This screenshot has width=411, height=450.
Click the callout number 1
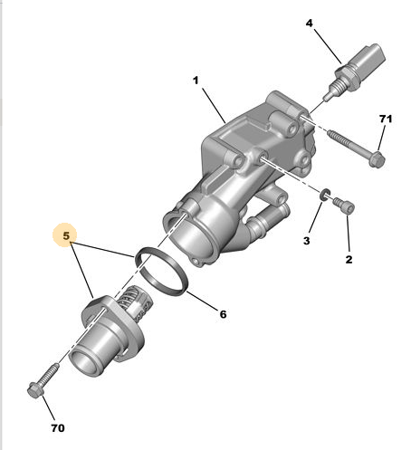coord(196,81)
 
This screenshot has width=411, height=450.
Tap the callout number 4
coord(310,24)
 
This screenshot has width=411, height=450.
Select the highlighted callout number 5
coord(66,235)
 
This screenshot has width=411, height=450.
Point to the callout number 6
coord(223,314)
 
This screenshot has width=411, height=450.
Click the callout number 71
coord(386,119)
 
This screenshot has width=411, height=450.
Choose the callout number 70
coord(58,428)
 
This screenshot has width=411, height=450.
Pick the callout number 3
coord(307,241)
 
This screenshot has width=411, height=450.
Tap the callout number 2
coord(349,259)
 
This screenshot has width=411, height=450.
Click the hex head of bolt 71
coord(377,160)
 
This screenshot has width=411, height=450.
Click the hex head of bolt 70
coord(35,390)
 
